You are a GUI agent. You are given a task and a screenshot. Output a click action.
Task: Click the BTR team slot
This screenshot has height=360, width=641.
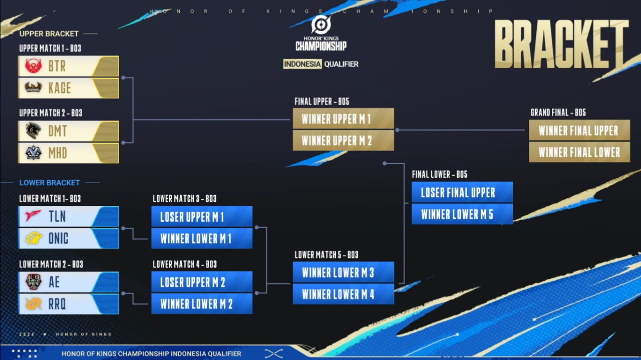pos(68,66)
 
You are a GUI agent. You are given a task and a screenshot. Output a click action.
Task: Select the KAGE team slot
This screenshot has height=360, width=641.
pos(68,88)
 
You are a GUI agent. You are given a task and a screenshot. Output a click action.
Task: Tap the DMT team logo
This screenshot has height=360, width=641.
pos(33,131)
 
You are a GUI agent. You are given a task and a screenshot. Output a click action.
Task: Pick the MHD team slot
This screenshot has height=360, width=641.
pos(68,153)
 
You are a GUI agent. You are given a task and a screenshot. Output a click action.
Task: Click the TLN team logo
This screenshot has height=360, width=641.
pos(33,216)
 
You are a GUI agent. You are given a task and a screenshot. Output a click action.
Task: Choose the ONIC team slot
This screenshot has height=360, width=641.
pos(68,238)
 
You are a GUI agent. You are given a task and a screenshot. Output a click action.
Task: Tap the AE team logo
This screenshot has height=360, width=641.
pos(33,282)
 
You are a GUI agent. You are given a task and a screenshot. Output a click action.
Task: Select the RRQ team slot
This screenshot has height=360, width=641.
pos(68,304)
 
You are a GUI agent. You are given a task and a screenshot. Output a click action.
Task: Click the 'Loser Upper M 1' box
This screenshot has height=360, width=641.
pos(202,217)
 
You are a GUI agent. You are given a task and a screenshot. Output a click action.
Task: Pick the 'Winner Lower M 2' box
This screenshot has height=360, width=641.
pos(202,304)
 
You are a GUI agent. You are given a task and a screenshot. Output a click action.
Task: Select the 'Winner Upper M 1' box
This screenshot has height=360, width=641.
pos(344,119)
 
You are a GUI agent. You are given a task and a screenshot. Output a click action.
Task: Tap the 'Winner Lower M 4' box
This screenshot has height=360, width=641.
pos(344,294)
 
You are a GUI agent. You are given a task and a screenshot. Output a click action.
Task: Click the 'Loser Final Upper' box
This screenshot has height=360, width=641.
pos(462,192)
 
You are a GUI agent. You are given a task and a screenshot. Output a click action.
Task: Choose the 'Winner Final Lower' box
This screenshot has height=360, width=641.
pos(579,152)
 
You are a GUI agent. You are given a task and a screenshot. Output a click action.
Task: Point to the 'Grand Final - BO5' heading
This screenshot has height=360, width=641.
pos(558,113)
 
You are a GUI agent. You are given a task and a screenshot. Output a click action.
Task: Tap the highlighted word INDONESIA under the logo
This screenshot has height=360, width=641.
pos(302,64)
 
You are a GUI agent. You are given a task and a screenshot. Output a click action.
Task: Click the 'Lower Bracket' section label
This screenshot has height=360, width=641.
pos(50,183)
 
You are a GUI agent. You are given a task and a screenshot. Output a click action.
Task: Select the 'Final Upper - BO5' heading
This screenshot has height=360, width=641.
pos(322,102)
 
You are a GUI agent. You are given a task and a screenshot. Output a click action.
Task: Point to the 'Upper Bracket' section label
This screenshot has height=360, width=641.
pos(49,34)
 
